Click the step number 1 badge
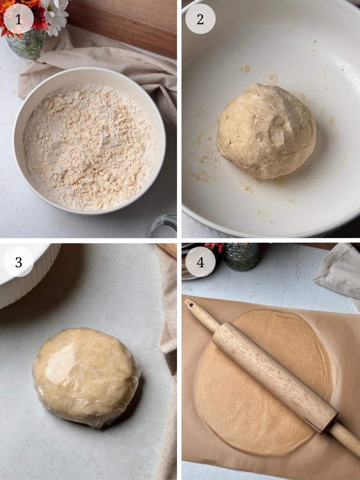[18, 20]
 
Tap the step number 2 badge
[200, 20]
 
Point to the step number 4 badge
[200, 263]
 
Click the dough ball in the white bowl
[266, 131]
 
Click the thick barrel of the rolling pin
[274, 372]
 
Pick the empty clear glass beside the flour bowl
[163, 226]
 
